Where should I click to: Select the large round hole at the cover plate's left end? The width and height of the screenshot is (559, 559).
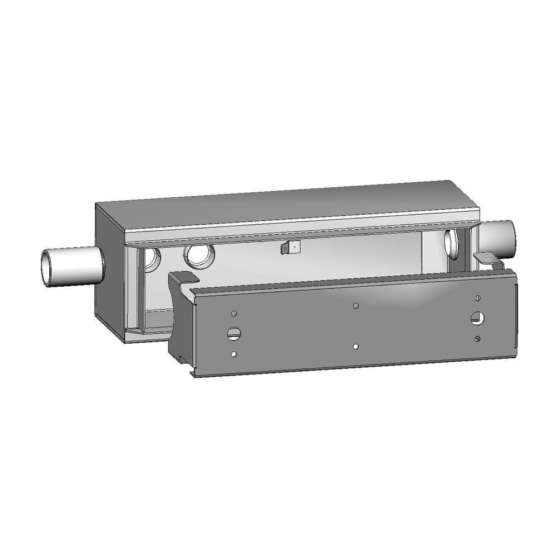(x=233, y=334)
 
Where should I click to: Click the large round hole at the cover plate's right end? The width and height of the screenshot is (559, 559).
(x=477, y=318)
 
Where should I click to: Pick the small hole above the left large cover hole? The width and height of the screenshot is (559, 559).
(x=234, y=314)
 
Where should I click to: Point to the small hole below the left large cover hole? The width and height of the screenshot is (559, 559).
(x=234, y=354)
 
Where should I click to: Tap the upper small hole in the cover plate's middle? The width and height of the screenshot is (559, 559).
(x=356, y=306)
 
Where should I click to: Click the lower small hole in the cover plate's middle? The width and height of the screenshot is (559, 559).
(x=356, y=347)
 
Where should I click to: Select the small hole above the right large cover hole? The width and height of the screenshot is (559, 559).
(x=478, y=297)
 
